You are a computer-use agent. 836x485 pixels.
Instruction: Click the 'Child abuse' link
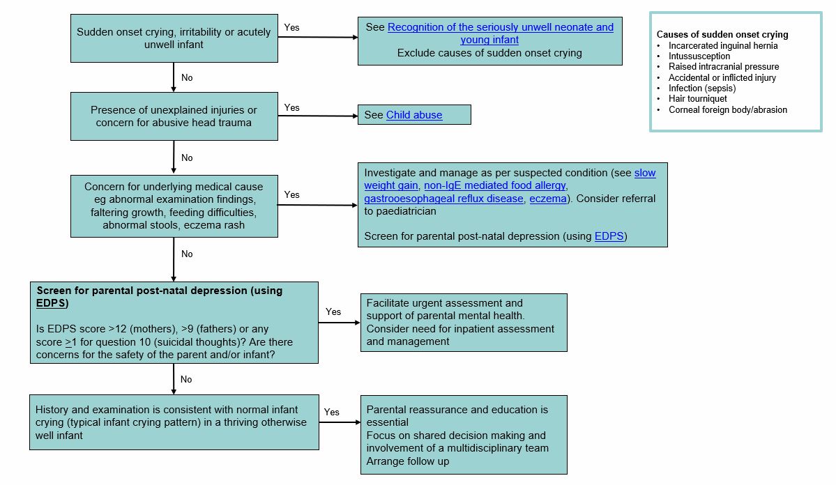pyautogui.click(x=414, y=115)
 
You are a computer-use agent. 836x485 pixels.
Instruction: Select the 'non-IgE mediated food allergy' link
pyautogui.click(x=494, y=185)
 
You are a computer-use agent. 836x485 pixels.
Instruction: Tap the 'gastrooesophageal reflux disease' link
pyautogui.click(x=443, y=199)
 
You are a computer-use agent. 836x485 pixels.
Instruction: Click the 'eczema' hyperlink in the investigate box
pyautogui.click(x=548, y=199)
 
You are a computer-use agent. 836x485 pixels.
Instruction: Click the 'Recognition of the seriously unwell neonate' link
pyautogui.click(x=501, y=27)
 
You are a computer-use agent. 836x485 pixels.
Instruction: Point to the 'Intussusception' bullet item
pyautogui.click(x=699, y=56)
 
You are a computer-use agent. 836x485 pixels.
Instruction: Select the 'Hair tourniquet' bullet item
pyautogui.click(x=698, y=99)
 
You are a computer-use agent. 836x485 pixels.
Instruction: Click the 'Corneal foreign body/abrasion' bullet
pyautogui.click(x=727, y=109)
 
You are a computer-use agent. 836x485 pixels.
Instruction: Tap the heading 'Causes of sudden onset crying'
pyautogui.click(x=722, y=35)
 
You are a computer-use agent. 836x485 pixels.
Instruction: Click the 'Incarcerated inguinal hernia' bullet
pyautogui.click(x=722, y=45)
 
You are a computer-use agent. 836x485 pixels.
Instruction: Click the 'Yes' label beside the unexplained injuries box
pyautogui.click(x=292, y=107)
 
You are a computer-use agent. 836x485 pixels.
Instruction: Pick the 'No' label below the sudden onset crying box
pyautogui.click(x=187, y=78)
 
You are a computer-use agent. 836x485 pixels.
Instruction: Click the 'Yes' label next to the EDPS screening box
pyautogui.click(x=333, y=311)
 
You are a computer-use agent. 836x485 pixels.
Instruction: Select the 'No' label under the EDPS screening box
pyautogui.click(x=186, y=380)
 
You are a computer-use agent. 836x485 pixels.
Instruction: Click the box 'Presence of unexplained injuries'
pyautogui.click(x=174, y=116)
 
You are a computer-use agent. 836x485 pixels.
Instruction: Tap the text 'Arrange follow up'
pyautogui.click(x=408, y=461)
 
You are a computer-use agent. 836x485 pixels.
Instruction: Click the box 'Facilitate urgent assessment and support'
pyautogui.click(x=463, y=322)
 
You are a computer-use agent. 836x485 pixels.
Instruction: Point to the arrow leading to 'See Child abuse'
pyautogui.click(x=317, y=116)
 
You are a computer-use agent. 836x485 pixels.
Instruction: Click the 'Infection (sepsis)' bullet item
pyautogui.click(x=702, y=88)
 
